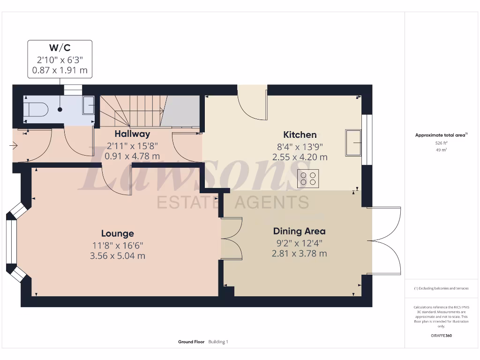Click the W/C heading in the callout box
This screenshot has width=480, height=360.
coord(60,48)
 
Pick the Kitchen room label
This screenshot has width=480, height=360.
coord(300,135)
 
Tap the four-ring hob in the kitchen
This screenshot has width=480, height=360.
coord(308,178)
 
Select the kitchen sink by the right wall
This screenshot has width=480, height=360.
coord(353,142)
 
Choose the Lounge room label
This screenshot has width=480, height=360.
coord(118,233)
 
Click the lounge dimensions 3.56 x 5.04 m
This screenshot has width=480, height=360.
coord(118,256)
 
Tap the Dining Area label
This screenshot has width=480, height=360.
coord(299,231)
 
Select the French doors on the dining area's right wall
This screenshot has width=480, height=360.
coord(384,240)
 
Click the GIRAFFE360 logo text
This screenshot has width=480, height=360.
coord(441,336)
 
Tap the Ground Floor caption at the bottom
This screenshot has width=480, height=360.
coord(191,342)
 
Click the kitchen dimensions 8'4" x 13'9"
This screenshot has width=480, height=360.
coord(300,146)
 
